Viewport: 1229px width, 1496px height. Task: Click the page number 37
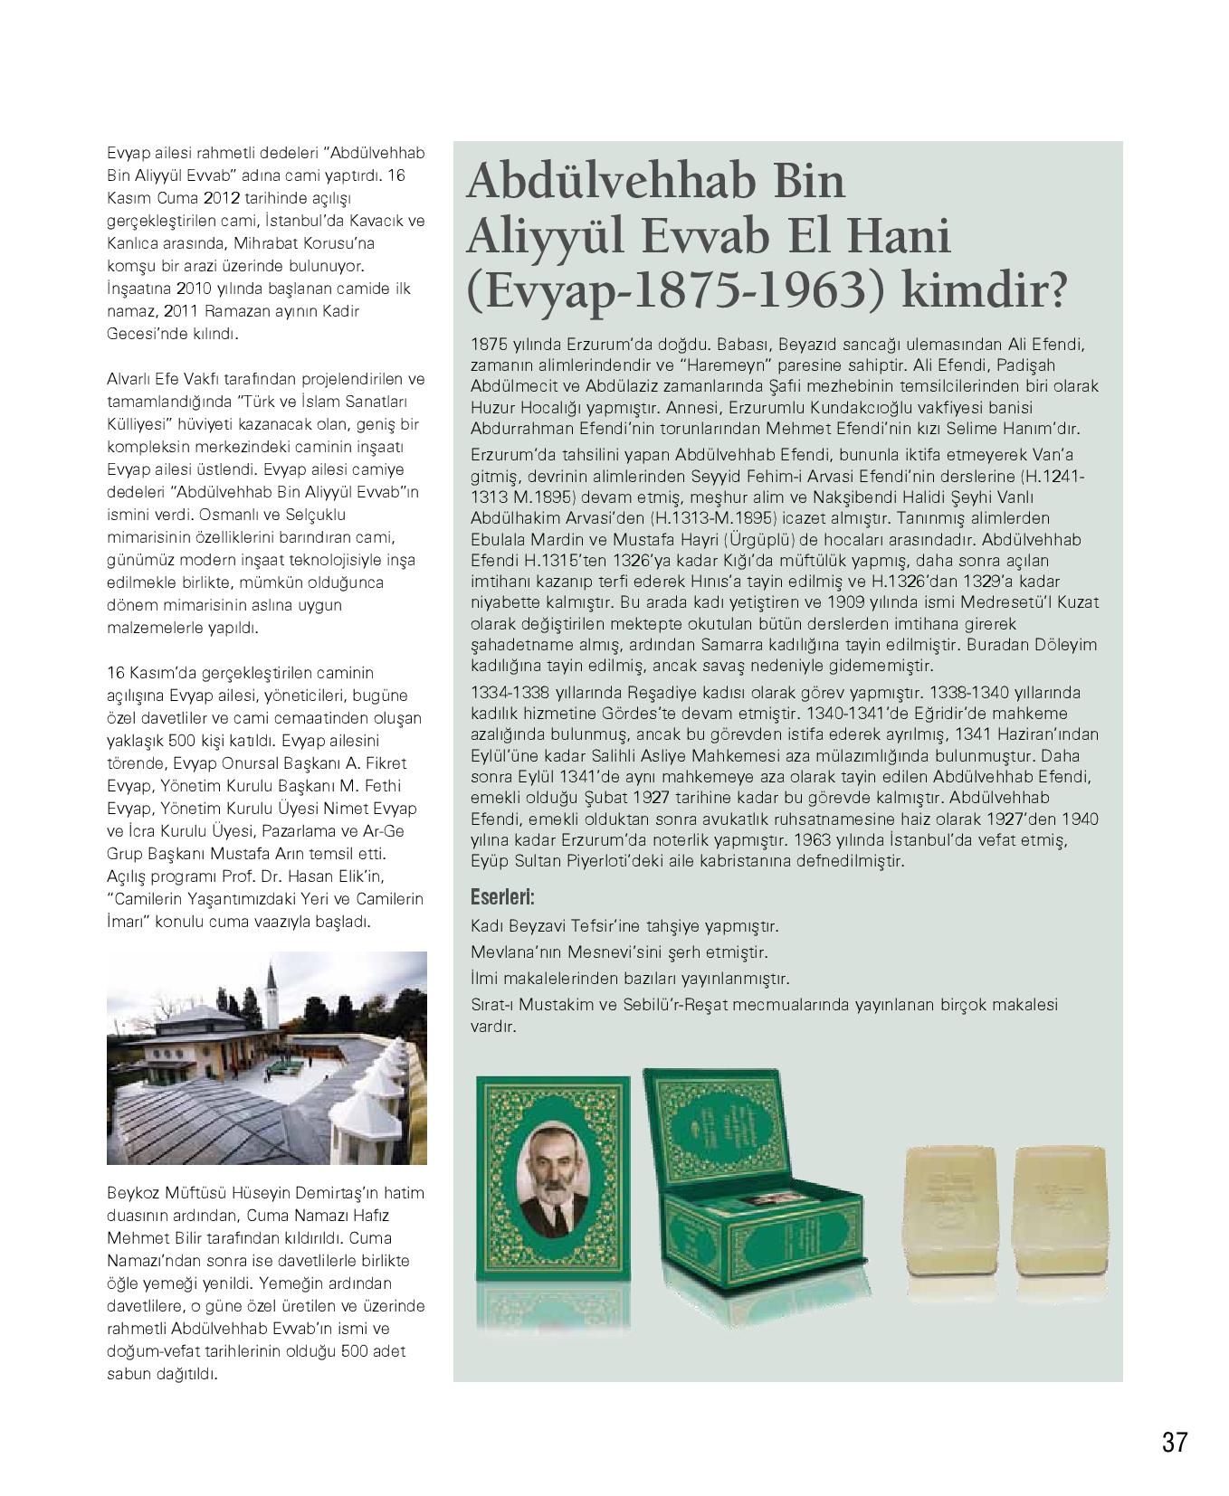[x=1174, y=1442]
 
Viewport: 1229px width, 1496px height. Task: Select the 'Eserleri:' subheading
[x=502, y=898]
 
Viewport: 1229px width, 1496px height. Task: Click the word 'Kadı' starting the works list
[x=486, y=926]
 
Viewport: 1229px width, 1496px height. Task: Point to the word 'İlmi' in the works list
[x=484, y=979]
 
